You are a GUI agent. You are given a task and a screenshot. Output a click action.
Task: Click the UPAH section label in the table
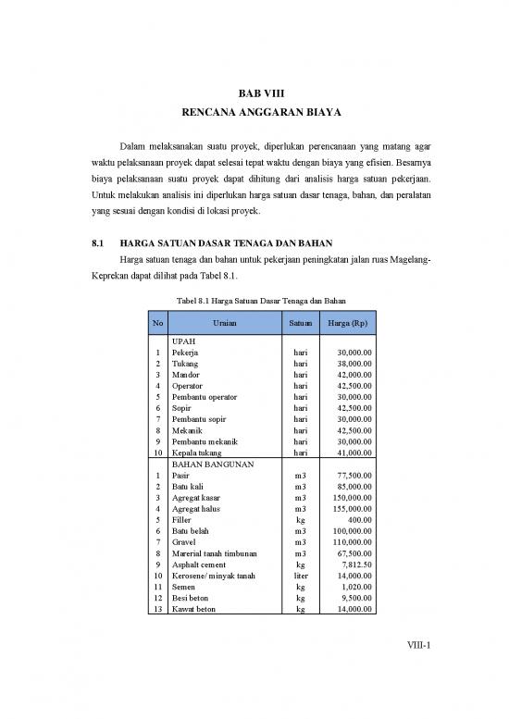[184, 342]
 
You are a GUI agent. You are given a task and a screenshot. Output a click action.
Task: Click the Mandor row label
[186, 376]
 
